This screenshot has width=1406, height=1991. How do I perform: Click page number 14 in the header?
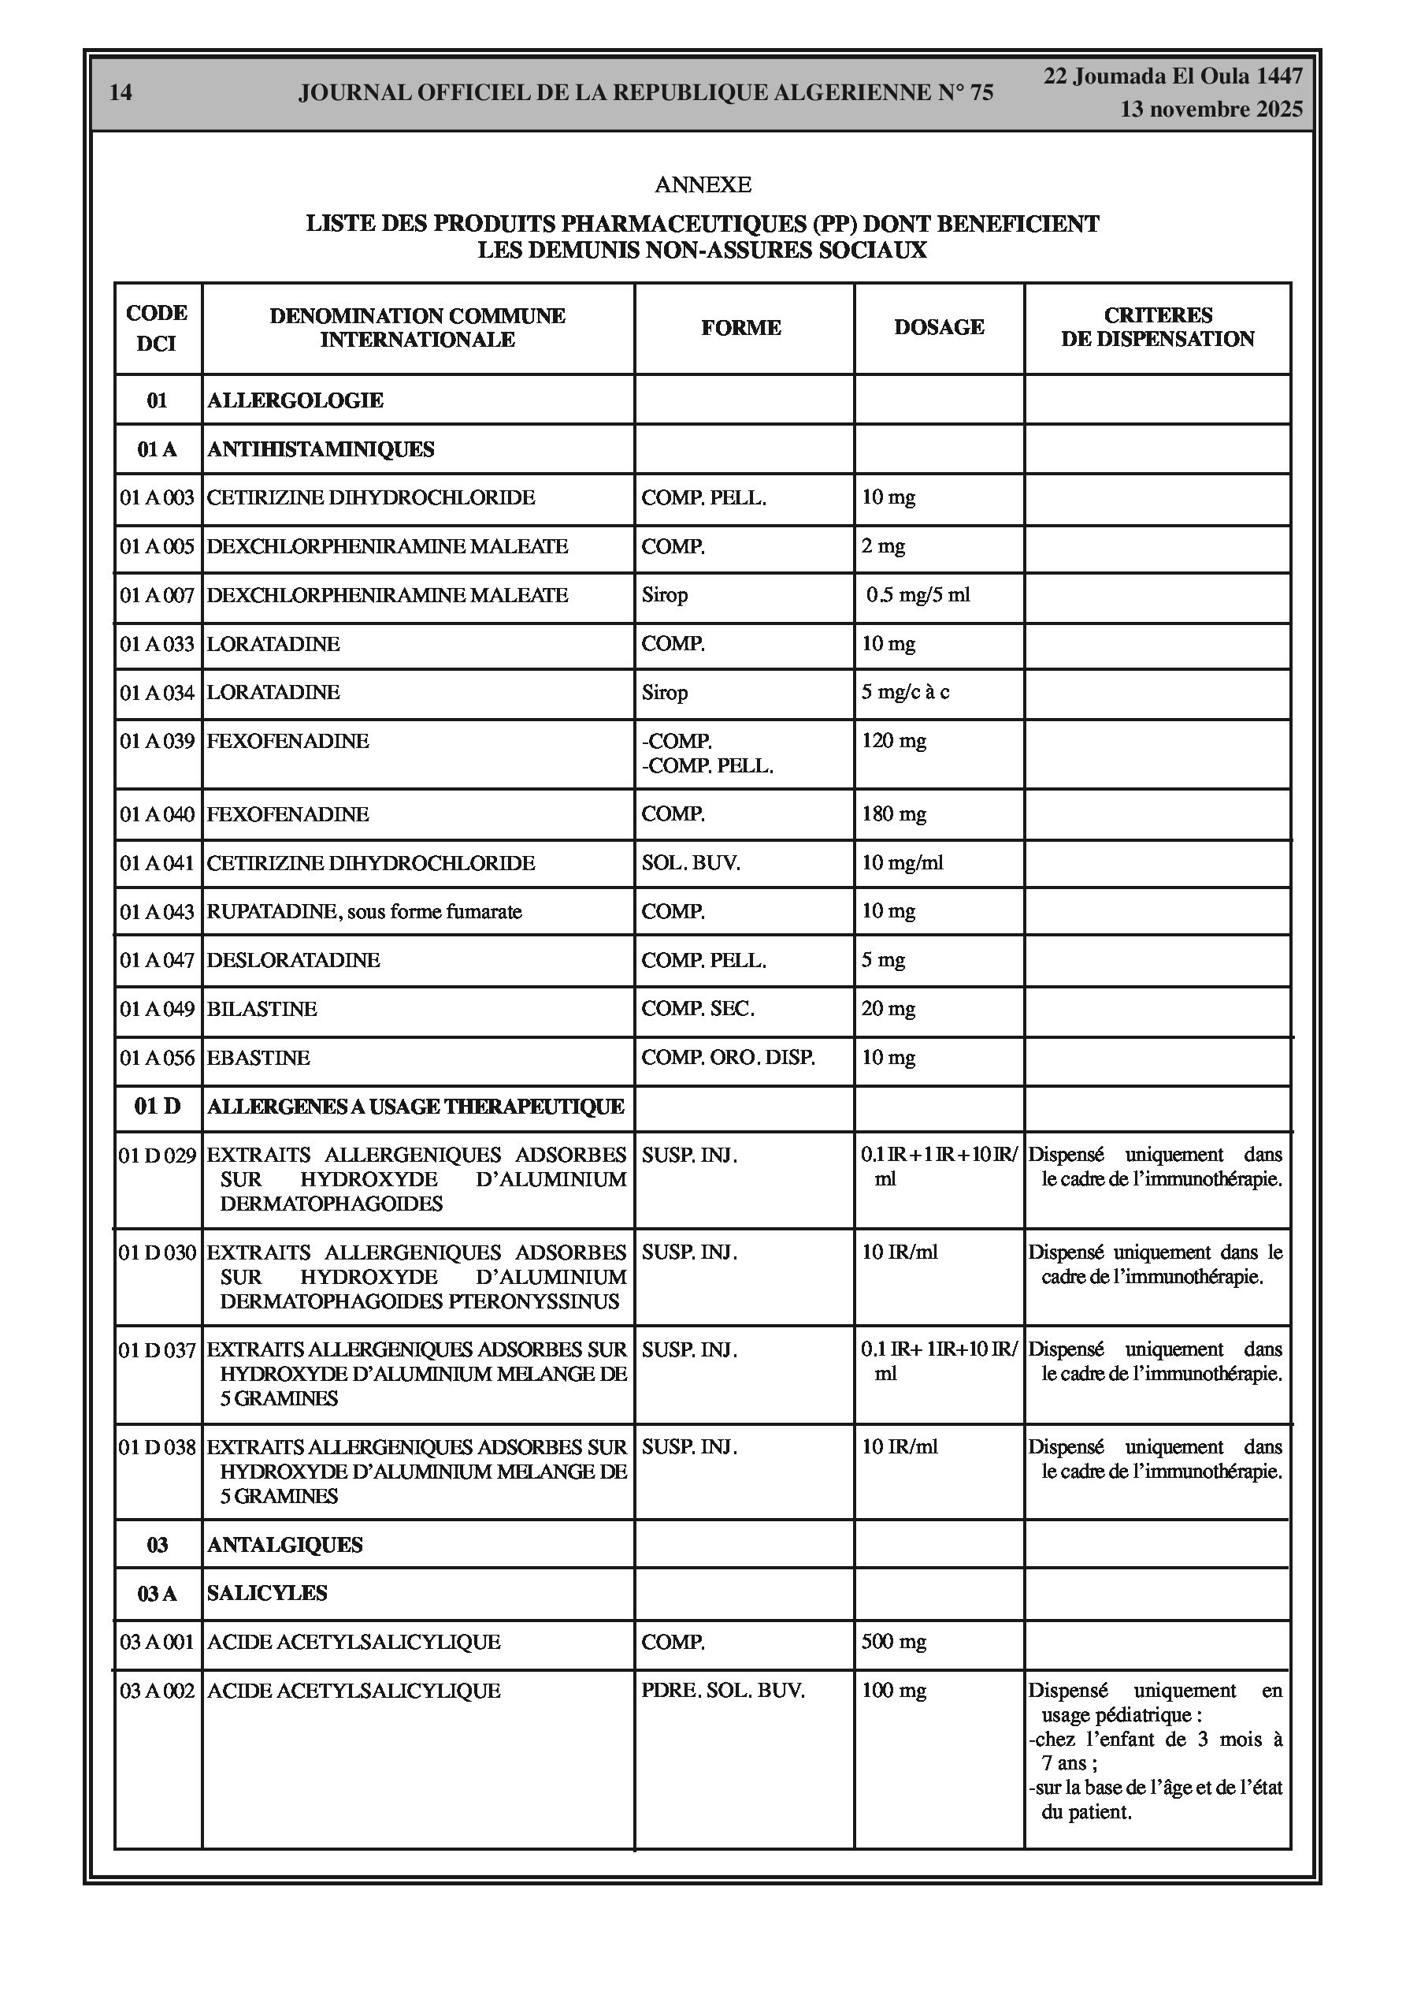coord(121,92)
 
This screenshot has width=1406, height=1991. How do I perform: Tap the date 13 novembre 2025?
coord(1211,110)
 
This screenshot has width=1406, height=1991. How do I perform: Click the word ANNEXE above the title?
coord(702,184)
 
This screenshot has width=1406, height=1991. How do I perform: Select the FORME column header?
coord(741,328)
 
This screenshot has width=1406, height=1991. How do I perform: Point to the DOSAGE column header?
coord(939,327)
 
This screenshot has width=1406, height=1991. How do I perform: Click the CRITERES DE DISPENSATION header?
coord(1157,327)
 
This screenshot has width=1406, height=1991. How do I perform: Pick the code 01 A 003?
coord(157,498)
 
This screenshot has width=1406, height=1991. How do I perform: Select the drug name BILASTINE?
coord(262,1009)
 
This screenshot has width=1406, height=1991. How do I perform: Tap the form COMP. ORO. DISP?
coord(728,1057)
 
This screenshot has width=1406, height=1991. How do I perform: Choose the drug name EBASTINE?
coord(258,1057)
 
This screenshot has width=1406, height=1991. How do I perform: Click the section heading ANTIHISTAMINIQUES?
coord(321,449)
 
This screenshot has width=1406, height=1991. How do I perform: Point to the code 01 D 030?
coord(157,1252)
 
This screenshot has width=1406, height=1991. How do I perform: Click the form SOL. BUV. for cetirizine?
coord(691,863)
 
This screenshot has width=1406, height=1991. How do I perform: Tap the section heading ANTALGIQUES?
coord(284,1544)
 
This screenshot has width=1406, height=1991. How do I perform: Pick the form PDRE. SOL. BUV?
coord(723,1690)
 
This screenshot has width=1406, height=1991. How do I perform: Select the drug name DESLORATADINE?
coord(293,960)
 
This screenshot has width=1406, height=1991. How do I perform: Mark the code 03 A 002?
coord(157,1690)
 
